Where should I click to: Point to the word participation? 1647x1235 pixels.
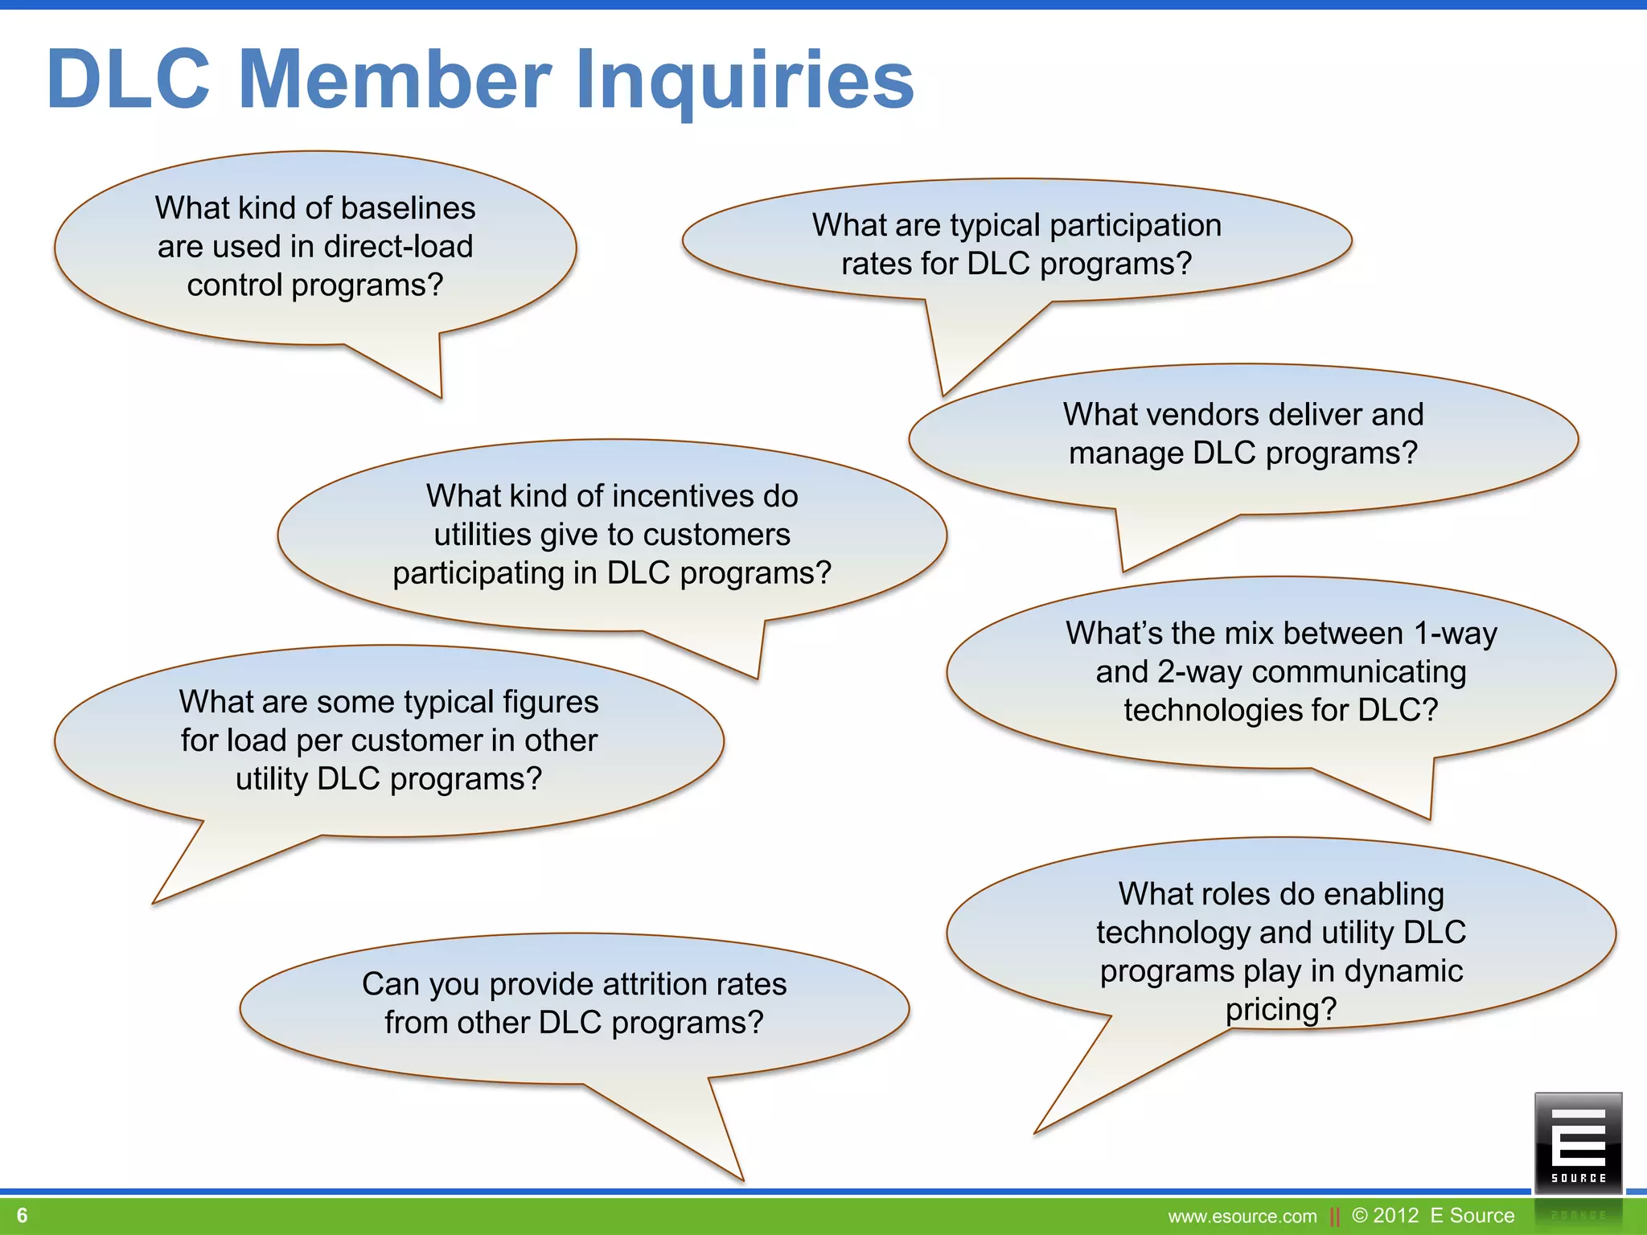1136,226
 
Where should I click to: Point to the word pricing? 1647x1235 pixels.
1280,1010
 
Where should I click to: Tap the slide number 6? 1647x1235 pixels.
23,1215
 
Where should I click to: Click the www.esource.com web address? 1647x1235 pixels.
1242,1217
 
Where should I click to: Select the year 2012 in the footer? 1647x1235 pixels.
1396,1216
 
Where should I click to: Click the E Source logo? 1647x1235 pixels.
1578,1143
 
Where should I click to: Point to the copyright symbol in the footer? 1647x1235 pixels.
1360,1216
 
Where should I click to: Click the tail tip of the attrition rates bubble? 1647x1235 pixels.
741,1178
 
